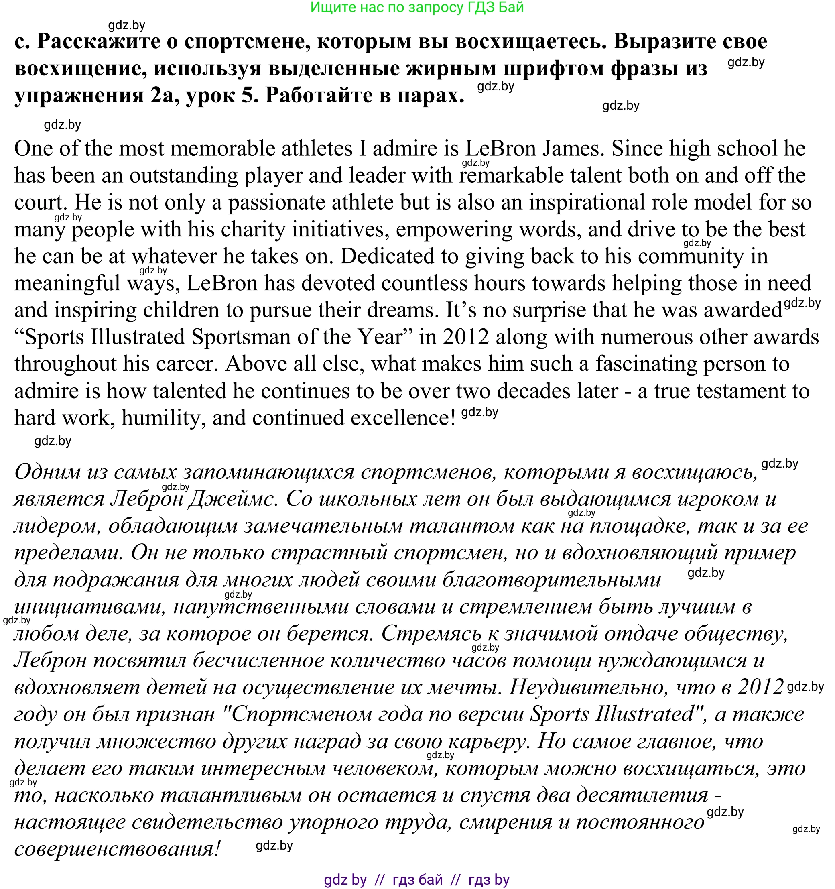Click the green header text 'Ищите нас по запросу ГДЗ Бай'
tap(416, 8)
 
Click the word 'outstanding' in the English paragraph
tap(183, 176)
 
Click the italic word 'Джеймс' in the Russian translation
tap(230, 499)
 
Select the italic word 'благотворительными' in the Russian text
tap(552, 580)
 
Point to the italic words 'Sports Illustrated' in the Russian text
tap(611, 714)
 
